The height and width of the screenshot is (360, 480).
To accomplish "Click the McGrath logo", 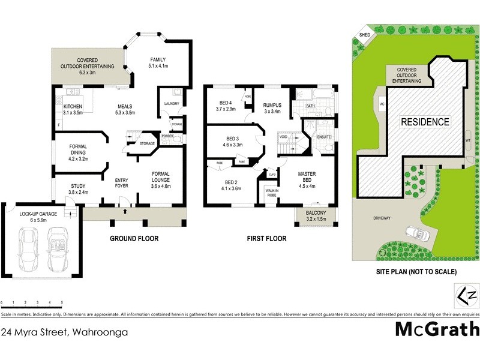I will (437, 329).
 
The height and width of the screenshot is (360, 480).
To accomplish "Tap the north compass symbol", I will (466, 296).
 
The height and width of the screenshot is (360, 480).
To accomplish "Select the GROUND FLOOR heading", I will (134, 239).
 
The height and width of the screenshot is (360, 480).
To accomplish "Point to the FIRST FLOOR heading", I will (266, 239).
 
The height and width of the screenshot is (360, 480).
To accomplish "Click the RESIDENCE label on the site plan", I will (425, 122).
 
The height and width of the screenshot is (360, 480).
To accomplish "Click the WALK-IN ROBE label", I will (268, 193).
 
